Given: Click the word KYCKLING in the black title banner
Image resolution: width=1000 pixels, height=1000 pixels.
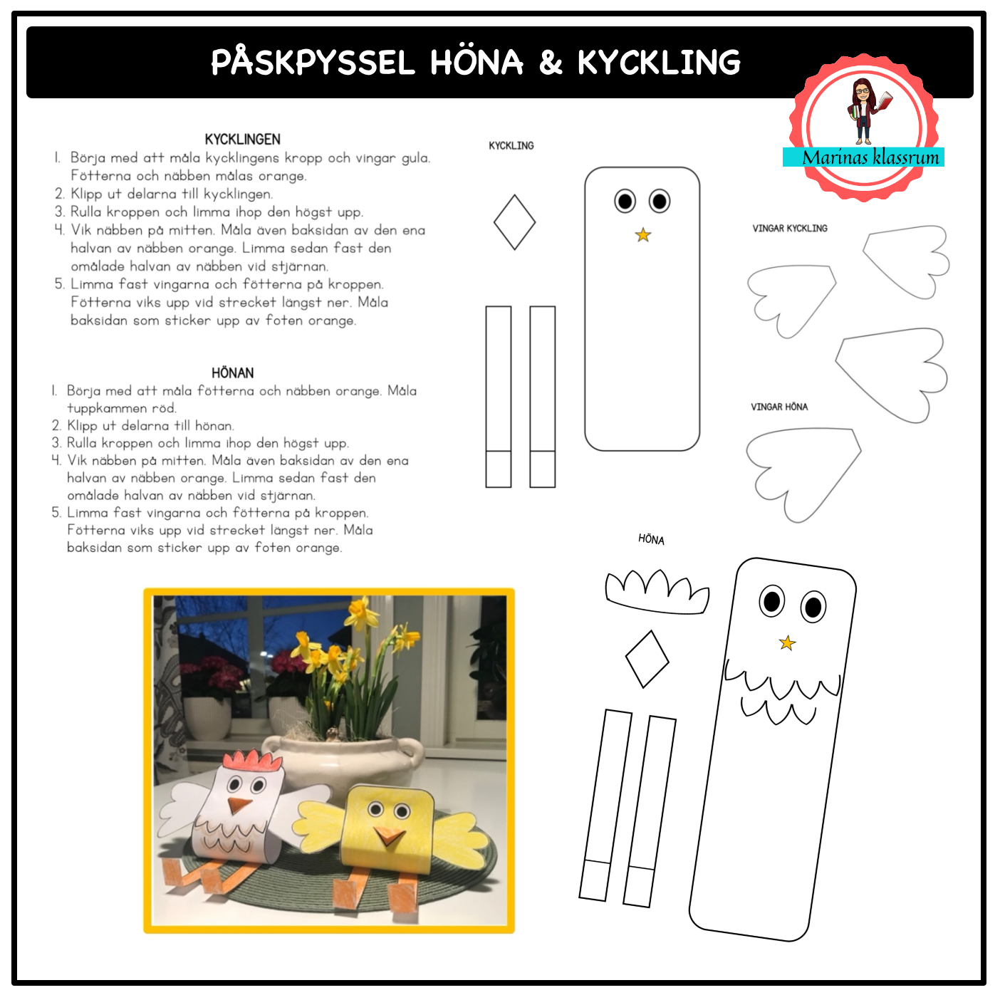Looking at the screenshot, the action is point(660,63).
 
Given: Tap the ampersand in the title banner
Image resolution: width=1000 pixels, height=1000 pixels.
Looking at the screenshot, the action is point(550,63).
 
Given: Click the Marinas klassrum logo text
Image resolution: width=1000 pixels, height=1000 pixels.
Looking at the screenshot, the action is point(870,157).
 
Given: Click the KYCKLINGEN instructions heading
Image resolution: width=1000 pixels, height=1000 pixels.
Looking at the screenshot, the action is point(242,139).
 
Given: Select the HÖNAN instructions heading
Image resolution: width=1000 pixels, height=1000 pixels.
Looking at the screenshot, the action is point(232,373).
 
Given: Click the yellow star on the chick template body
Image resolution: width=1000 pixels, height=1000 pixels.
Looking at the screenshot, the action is point(643,235).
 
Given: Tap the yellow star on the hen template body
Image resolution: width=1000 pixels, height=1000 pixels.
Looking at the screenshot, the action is point(787,643).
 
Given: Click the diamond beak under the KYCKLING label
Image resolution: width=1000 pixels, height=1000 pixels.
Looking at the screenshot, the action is point(514,222).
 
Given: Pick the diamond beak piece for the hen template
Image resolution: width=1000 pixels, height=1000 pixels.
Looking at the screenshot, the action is point(647,659).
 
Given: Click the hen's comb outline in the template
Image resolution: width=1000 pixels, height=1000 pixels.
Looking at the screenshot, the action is point(657,592).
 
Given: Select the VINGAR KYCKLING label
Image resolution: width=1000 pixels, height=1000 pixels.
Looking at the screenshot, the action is point(790,229).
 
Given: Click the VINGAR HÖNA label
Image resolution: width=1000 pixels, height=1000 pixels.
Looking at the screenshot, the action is point(779,407).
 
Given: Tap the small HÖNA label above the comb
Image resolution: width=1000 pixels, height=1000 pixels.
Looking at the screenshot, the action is point(651,539).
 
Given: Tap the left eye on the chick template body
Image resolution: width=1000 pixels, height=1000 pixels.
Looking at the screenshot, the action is point(625,201).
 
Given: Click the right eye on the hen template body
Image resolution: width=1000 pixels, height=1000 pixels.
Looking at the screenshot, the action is point(813,606).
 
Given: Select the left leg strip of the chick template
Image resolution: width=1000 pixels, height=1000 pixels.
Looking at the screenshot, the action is point(498,397).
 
